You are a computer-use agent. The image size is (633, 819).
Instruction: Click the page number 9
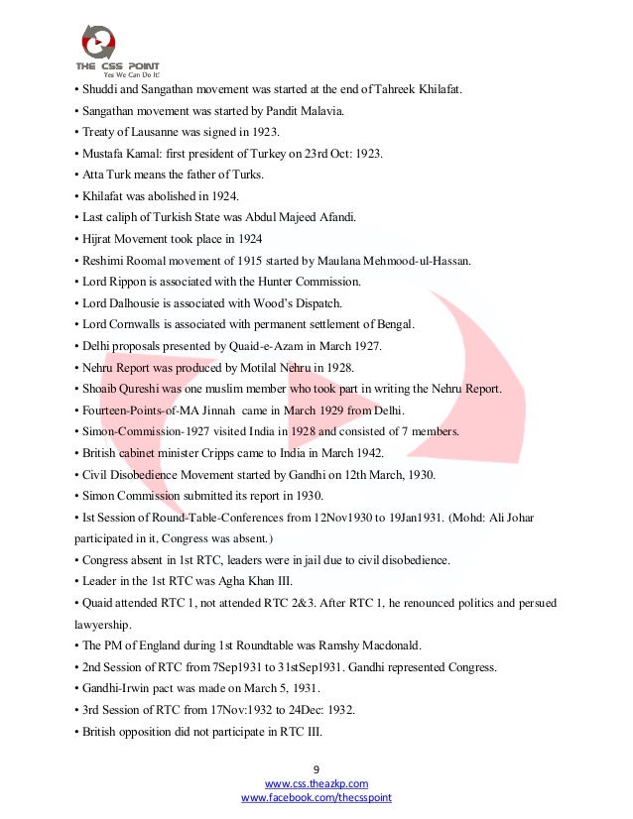pos(316,769)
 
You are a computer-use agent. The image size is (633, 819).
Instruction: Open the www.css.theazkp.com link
pos(316,783)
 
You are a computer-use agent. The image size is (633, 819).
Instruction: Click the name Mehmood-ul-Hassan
pos(414,260)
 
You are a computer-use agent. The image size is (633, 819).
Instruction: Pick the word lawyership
pos(100,624)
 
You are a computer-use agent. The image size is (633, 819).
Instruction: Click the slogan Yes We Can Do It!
pos(125,73)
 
